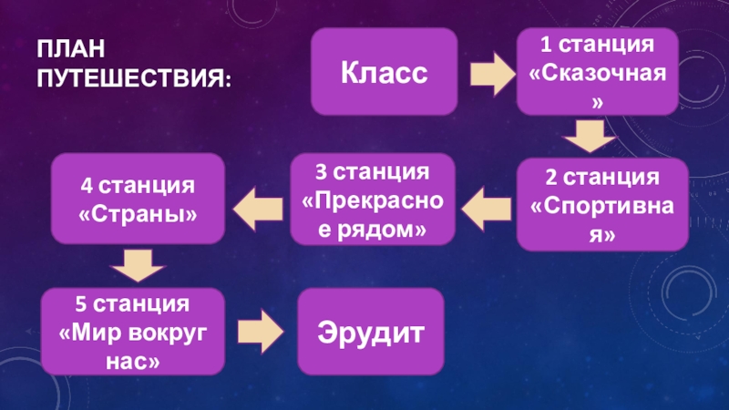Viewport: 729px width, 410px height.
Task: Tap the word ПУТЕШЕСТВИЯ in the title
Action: click(133, 78)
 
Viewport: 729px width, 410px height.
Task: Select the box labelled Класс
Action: click(385, 72)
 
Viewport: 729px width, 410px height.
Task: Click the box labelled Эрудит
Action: click(371, 332)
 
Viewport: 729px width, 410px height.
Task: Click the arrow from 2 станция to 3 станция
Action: click(488, 210)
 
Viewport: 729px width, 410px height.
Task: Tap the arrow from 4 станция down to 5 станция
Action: click(136, 266)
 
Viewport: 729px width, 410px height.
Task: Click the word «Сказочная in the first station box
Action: click(598, 72)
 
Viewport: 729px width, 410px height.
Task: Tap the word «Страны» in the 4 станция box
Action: click(137, 217)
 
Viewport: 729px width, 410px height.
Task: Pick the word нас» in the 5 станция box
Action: click(134, 362)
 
